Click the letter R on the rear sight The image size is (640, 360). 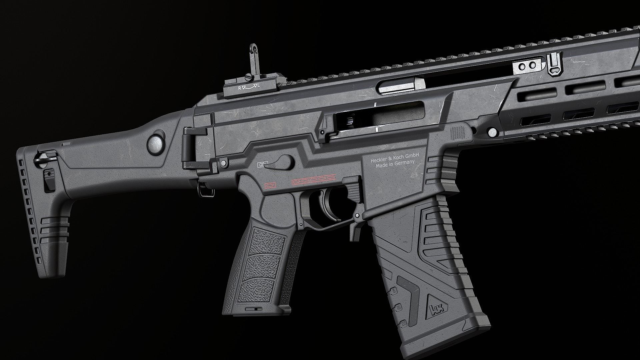pyautogui.click(x=239, y=88)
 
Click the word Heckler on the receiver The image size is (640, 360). pyautogui.click(x=378, y=160)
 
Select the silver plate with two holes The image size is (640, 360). pyautogui.click(x=528, y=67)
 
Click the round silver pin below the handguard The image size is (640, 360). pyautogui.click(x=491, y=132)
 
